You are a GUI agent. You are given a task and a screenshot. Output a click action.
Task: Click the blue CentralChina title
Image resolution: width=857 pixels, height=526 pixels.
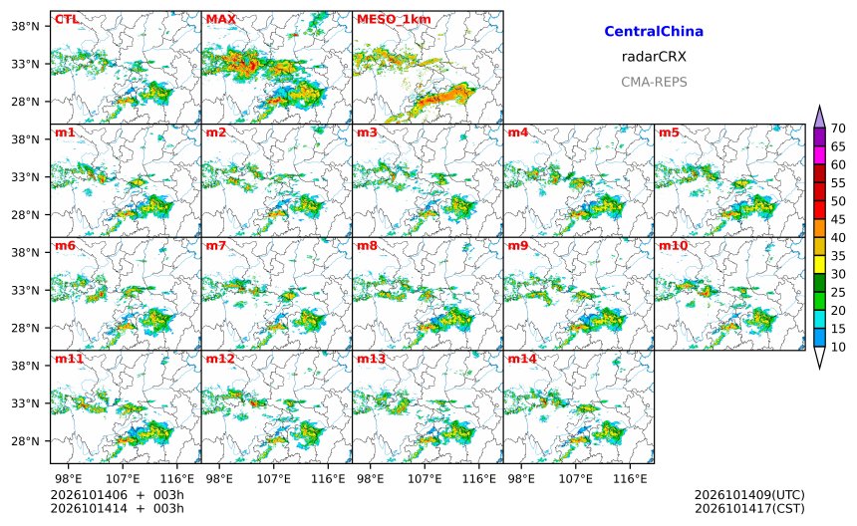[654, 31]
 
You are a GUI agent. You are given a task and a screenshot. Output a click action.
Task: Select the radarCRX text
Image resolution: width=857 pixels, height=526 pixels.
[654, 56]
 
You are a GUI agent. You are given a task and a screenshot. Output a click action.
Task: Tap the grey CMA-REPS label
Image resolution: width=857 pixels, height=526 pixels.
[654, 82]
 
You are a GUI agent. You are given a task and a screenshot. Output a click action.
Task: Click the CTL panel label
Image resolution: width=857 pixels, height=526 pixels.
[67, 19]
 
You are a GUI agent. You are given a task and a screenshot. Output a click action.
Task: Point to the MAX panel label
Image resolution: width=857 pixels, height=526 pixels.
[221, 19]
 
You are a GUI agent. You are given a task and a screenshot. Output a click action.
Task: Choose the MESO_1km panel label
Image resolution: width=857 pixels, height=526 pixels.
[394, 20]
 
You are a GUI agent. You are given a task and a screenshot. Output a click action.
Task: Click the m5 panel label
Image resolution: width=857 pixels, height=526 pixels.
[669, 132]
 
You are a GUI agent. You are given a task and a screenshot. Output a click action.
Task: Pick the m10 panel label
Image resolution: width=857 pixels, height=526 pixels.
[673, 245]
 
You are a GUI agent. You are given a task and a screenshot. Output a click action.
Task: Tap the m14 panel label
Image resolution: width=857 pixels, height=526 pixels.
[522, 359]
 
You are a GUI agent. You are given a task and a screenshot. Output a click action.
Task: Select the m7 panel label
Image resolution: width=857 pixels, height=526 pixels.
[215, 245]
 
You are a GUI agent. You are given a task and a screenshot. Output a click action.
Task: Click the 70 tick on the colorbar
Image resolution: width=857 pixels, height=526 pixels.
[838, 129]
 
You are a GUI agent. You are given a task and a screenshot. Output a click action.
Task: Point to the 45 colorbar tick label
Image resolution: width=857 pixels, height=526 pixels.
[838, 219]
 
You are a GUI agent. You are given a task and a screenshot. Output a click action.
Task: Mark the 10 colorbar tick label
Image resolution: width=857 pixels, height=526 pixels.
[838, 347]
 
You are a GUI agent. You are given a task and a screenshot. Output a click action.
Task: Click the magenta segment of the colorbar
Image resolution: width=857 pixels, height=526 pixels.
[819, 155]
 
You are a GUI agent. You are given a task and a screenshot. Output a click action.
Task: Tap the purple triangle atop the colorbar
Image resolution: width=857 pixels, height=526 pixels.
[819, 117]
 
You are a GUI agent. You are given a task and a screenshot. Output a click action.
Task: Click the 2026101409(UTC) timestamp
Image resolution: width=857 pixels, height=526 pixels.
[749, 495]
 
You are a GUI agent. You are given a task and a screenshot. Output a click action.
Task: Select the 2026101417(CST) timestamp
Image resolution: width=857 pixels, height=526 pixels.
[749, 508]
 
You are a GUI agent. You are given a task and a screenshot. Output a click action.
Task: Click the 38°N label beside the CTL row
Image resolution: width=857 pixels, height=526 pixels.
[26, 26]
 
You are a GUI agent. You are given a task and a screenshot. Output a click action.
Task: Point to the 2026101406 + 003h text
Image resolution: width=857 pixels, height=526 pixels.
[117, 495]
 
